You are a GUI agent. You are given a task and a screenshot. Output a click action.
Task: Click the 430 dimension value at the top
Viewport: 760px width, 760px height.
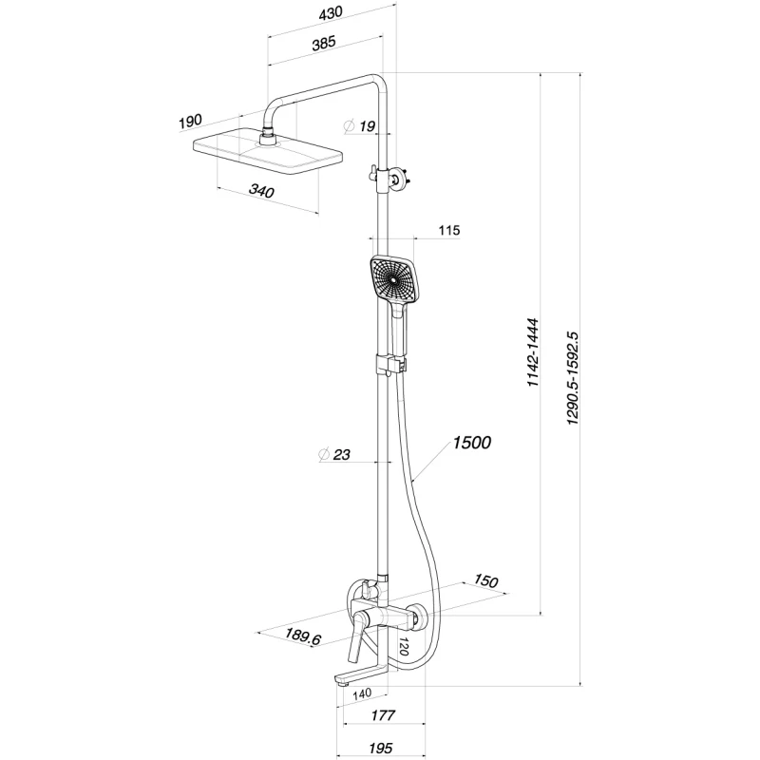[329, 12]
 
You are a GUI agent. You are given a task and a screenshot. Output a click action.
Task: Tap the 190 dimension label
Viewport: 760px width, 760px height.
[190, 121]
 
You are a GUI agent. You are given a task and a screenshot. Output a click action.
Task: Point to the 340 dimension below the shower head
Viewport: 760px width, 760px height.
[261, 192]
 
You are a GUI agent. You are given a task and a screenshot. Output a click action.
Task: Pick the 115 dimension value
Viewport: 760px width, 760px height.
[449, 231]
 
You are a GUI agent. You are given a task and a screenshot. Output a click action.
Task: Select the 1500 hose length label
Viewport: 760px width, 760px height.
[471, 443]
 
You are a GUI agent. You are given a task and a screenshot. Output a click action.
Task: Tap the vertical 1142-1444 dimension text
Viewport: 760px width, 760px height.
[533, 351]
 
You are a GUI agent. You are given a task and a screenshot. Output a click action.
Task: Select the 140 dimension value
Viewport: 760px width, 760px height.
[361, 695]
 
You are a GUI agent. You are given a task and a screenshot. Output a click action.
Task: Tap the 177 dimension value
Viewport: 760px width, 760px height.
[384, 715]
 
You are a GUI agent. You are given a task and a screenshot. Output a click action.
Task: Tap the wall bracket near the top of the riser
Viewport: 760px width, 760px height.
[393, 177]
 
